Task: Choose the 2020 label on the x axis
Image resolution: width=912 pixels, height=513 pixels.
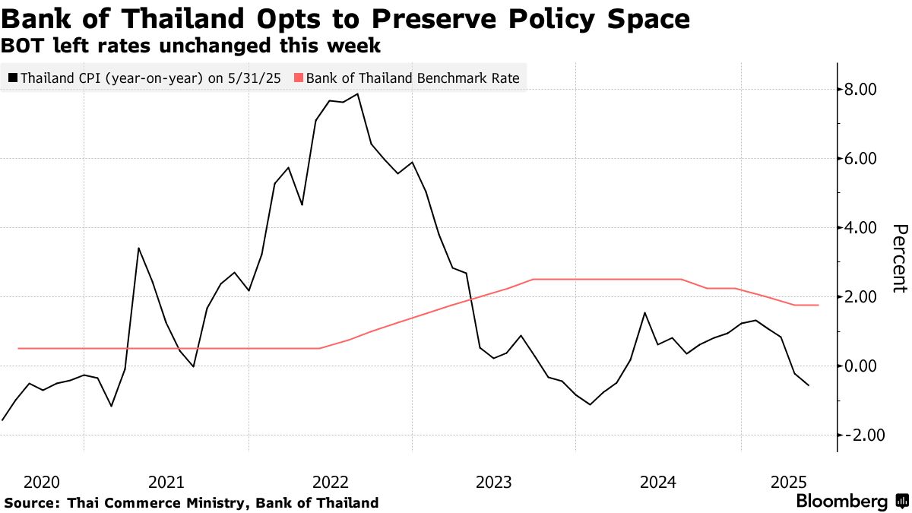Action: [42, 482]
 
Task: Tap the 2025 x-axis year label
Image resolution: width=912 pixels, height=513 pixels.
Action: [789, 482]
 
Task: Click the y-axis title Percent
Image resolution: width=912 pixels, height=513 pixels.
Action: [900, 258]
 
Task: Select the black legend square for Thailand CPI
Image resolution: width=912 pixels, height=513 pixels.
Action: [12, 78]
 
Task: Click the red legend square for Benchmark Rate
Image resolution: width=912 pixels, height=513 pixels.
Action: [298, 78]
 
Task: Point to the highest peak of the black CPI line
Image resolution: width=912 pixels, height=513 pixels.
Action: [357, 94]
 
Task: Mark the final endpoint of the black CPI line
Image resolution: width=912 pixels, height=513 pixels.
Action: [809, 386]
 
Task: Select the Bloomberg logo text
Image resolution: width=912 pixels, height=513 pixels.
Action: [841, 502]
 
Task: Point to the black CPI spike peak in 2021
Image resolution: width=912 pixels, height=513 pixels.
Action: [138, 248]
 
